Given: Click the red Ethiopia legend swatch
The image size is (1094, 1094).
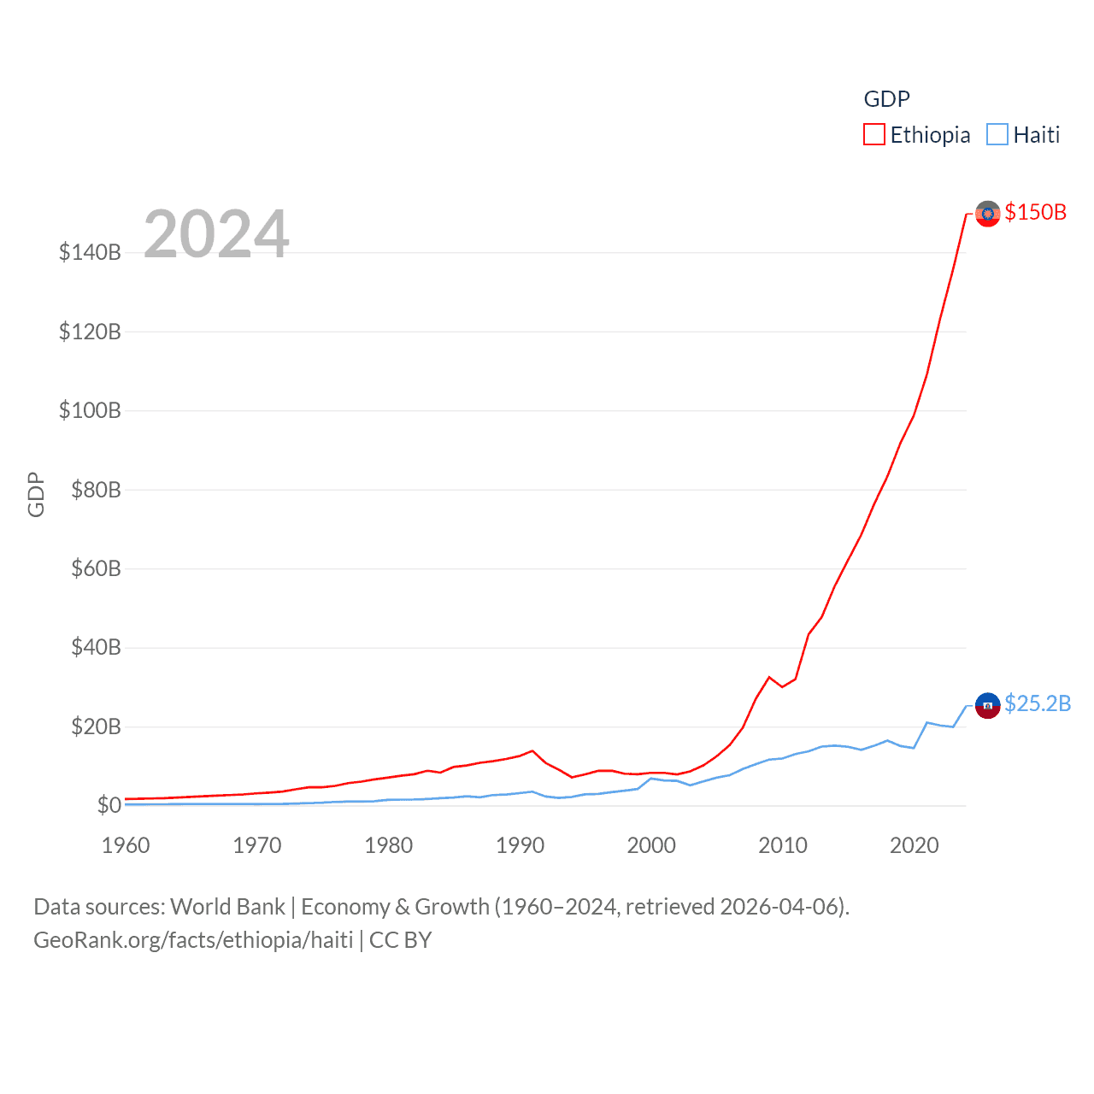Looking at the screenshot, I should click(x=873, y=135).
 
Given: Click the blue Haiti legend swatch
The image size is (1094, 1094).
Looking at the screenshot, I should click(x=997, y=135).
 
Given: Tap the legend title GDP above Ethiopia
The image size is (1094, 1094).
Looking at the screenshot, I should click(x=886, y=99).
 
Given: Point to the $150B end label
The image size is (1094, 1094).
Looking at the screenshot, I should click(x=1035, y=212).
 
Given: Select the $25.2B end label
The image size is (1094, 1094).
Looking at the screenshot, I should click(x=1037, y=703).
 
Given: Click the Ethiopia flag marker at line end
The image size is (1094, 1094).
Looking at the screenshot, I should click(x=987, y=214).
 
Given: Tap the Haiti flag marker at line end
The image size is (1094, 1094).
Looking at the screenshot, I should click(x=987, y=705).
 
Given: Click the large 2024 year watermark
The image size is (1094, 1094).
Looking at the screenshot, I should click(x=216, y=233).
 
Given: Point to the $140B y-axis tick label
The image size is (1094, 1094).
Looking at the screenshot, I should click(x=90, y=252).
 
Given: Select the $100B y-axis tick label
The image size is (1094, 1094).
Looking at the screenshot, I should click(x=90, y=410).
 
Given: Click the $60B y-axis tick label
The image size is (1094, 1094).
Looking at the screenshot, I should click(x=96, y=568).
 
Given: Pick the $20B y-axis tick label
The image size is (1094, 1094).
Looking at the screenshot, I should click(x=96, y=726).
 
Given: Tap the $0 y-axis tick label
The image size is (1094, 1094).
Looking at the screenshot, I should click(x=109, y=805).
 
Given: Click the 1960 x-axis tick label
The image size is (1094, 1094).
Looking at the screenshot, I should click(x=126, y=845).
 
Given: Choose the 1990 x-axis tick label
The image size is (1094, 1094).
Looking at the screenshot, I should click(x=520, y=845).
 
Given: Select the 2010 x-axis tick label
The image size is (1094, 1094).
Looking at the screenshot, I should click(x=783, y=845).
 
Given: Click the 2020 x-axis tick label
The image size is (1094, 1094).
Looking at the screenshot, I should click(x=914, y=845).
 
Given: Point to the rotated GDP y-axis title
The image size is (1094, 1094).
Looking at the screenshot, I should click(x=36, y=494).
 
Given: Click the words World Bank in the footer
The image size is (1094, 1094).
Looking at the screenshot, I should click(x=227, y=906).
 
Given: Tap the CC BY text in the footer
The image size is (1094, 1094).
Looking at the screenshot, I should click(x=400, y=940).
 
